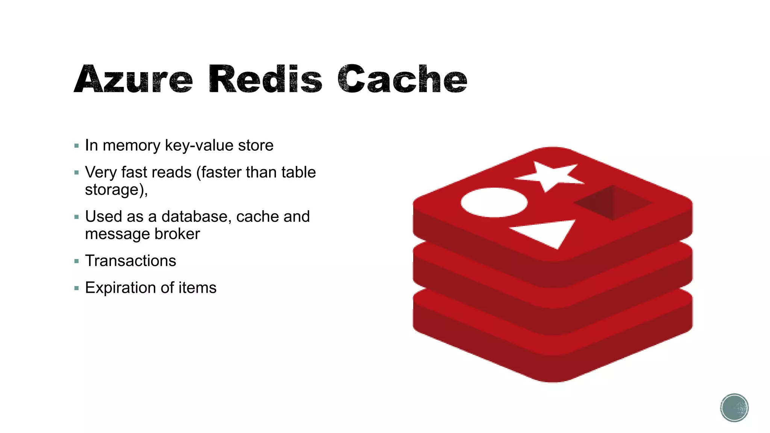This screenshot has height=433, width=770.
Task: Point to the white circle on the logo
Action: tap(494, 202)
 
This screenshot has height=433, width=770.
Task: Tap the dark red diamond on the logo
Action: tap(613, 203)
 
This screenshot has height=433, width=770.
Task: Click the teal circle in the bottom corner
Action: tap(734, 408)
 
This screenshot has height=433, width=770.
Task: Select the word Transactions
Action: tap(130, 261)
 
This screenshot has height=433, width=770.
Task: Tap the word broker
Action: tap(177, 234)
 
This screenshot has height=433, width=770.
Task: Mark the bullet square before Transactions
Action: tap(77, 261)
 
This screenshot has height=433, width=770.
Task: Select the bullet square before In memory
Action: tap(77, 146)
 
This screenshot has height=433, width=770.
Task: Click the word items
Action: tap(197, 288)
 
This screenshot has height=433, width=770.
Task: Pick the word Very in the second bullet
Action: tap(101, 173)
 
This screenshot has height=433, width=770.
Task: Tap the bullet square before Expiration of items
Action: tap(77, 288)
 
